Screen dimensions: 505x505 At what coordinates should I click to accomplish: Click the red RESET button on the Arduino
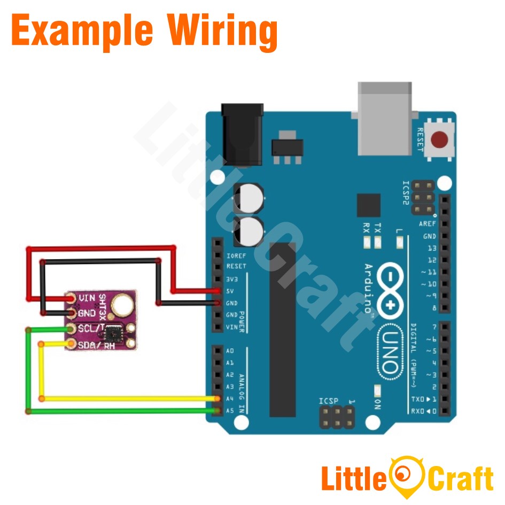click(440, 140)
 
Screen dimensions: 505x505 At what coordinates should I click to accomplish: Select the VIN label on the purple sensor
click(87, 298)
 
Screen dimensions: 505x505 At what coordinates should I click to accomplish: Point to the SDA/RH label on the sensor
click(97, 345)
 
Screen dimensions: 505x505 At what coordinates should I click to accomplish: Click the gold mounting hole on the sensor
click(123, 305)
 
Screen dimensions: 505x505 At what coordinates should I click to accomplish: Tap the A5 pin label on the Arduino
click(230, 410)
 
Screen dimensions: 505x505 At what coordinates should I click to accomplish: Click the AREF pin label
click(428, 224)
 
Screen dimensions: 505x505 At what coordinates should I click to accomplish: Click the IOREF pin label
click(236, 255)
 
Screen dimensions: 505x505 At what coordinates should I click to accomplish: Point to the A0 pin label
click(230, 351)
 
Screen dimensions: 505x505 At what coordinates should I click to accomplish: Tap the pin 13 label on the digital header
click(431, 248)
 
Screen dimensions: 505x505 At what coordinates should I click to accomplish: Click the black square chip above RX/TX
click(368, 205)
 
